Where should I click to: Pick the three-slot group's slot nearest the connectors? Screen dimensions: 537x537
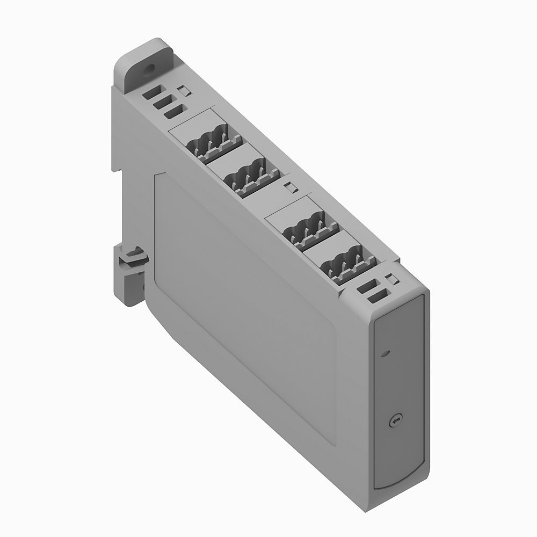click(175, 111)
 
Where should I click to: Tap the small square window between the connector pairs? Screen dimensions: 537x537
click(289, 187)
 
